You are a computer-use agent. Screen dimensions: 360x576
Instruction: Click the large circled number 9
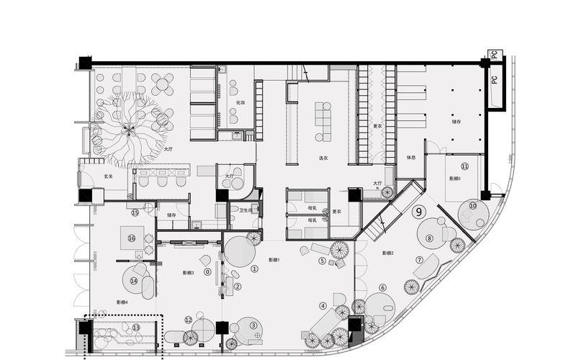point(418,212)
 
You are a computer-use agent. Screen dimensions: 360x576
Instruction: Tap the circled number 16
point(132,238)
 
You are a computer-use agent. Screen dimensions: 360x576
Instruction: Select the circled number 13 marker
point(136,328)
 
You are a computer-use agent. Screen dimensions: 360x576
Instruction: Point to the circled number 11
point(465,166)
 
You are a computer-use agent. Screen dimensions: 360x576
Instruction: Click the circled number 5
point(323,261)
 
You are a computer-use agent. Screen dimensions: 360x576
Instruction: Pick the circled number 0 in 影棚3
point(208,272)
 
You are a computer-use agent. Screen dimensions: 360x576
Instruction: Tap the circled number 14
point(134,281)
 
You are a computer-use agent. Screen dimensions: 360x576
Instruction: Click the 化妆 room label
point(241,104)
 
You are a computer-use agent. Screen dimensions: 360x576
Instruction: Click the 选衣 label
point(324,158)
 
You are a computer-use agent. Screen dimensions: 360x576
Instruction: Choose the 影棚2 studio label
point(387,253)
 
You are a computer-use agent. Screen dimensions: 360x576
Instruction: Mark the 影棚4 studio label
point(122,302)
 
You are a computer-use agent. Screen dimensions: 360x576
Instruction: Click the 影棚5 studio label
point(454,178)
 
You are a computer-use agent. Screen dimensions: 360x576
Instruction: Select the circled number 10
point(473,206)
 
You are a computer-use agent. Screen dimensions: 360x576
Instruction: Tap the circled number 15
point(135,212)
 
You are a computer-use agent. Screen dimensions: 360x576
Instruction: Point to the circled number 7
point(419,260)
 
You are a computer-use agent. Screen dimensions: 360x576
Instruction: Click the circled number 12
point(189,320)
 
